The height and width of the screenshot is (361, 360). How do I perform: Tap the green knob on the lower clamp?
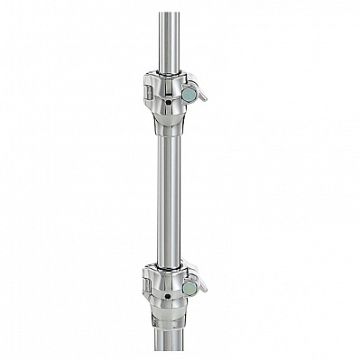pos(189,287)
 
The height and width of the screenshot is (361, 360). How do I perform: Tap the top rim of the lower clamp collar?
pos(169,266)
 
